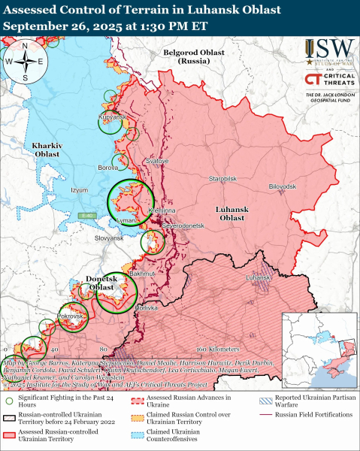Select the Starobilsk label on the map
(x=222, y=180)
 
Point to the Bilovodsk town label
(x=283, y=186)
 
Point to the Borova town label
(x=108, y=168)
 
